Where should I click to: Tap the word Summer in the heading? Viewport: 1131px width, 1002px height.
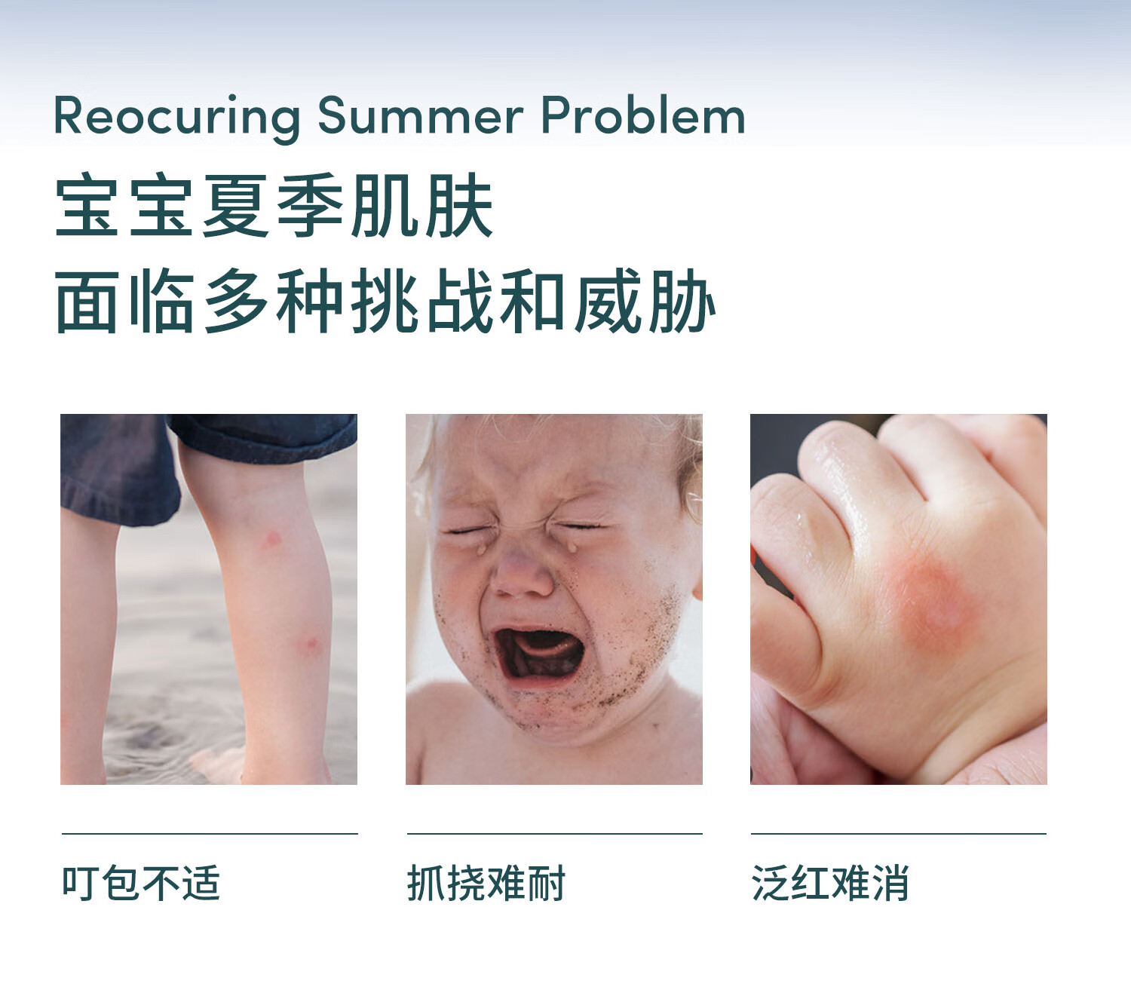pos(421,115)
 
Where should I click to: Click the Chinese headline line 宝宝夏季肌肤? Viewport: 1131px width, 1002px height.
pos(274,205)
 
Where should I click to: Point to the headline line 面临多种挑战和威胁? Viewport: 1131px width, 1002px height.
pos(385,301)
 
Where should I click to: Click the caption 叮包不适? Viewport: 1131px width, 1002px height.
pos(141,884)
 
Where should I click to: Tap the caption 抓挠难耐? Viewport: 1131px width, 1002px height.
pos(486,884)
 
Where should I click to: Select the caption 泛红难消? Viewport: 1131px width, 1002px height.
pos(830,884)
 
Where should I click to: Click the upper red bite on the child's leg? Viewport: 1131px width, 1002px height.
pos(272,539)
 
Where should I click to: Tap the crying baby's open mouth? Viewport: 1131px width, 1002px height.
pos(539,654)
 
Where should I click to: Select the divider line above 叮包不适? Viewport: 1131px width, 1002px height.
pos(210,834)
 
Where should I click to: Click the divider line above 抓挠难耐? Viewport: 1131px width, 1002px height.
pos(554,834)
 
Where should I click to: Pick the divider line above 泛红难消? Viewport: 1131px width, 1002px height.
pos(899,834)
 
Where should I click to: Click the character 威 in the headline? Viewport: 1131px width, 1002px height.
pos(608,301)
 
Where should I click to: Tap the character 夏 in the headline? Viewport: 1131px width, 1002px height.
pos(235,205)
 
